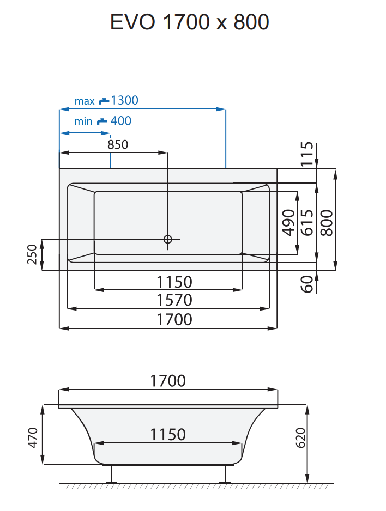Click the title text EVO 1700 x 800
(189, 22)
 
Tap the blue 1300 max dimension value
(124, 100)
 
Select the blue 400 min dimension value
(120, 121)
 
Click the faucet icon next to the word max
(104, 101)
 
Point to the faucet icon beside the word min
(102, 121)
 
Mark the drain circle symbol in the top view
(168, 239)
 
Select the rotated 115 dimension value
(308, 154)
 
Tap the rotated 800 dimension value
(327, 222)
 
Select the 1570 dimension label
(174, 300)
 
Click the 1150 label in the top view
(174, 282)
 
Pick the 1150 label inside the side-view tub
(168, 434)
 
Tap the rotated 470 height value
(32, 438)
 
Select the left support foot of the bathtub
(112, 474)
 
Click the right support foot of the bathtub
(224, 474)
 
